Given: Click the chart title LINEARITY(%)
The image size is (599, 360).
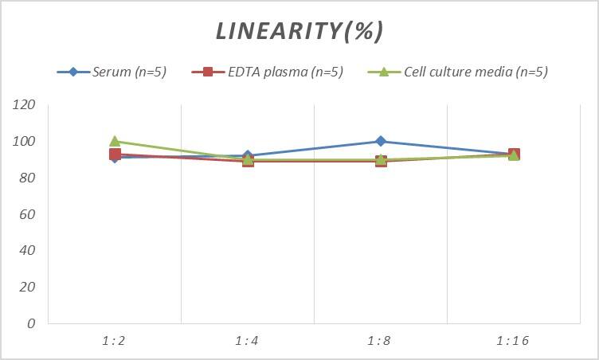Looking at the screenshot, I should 299,31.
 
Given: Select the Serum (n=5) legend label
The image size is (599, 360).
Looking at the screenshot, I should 129,72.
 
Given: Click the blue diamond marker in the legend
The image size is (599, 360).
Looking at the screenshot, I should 73,72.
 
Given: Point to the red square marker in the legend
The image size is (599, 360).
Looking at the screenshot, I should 208,72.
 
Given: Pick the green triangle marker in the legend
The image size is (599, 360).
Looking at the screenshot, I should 383,72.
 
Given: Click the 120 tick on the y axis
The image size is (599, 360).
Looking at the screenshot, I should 25,105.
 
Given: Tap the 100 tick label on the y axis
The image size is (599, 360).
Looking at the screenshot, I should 25,142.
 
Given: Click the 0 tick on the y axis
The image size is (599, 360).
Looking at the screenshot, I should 32,323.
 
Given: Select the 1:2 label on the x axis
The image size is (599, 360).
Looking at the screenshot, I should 115,341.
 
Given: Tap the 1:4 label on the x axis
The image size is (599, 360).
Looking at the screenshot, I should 248,341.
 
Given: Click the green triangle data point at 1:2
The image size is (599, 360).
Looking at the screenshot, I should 115,141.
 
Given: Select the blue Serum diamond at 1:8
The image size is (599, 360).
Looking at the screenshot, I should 381,141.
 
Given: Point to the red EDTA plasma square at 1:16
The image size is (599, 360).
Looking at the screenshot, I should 515,155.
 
